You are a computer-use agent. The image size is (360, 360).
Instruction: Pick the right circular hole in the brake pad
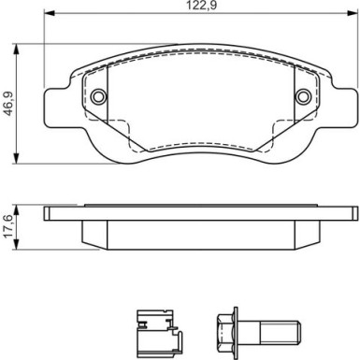pos(302,98)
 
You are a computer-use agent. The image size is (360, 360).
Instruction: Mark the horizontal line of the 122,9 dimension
pos(140,16)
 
